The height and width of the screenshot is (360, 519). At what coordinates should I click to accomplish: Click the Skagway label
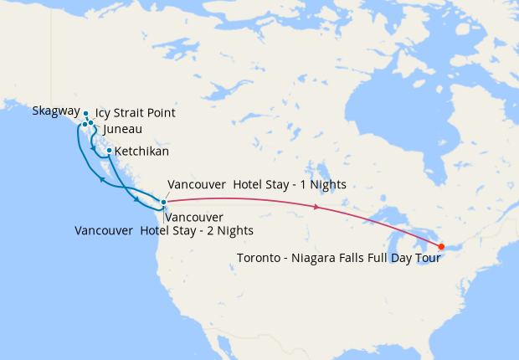point(56,111)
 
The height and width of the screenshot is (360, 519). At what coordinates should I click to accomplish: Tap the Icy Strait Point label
point(135,113)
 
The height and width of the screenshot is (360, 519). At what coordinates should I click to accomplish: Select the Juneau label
point(122,130)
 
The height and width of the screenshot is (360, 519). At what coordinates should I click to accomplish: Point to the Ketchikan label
point(141,152)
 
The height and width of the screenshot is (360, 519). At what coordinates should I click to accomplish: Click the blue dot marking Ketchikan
point(110,151)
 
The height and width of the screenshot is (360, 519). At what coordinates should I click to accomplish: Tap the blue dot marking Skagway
point(86,113)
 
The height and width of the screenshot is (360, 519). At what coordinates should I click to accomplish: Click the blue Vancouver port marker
point(163,202)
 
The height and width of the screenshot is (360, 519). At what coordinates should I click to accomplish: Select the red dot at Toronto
point(441,246)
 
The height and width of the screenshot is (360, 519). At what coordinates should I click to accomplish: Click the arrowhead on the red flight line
point(316,207)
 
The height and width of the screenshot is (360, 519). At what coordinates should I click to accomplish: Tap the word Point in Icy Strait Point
point(162,113)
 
